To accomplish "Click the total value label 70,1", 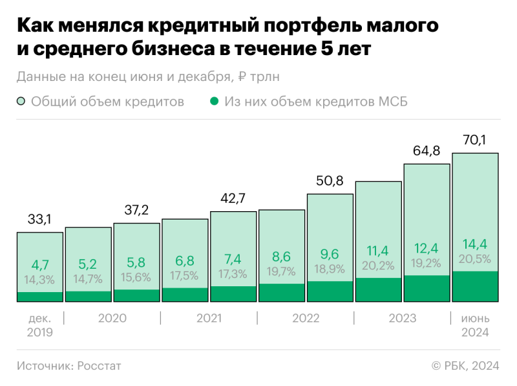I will click(x=475, y=139).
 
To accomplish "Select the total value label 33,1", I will click(x=39, y=220).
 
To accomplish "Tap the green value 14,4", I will click(x=475, y=245).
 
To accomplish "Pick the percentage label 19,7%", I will click(x=281, y=271).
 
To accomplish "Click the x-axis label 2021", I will click(x=209, y=319).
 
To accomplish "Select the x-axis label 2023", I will click(x=402, y=319).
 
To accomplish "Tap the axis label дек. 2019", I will click(x=39, y=325).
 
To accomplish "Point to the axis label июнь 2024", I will click(x=475, y=325).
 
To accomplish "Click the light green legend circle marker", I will click(x=21, y=102).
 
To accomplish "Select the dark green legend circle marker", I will click(x=215, y=102).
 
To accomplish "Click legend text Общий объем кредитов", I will click(x=107, y=102).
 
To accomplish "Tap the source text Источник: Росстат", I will click(x=69, y=366).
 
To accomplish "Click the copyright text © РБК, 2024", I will click(x=465, y=366).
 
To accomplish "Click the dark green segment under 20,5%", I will click(x=475, y=287).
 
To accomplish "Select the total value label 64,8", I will click(x=427, y=151).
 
